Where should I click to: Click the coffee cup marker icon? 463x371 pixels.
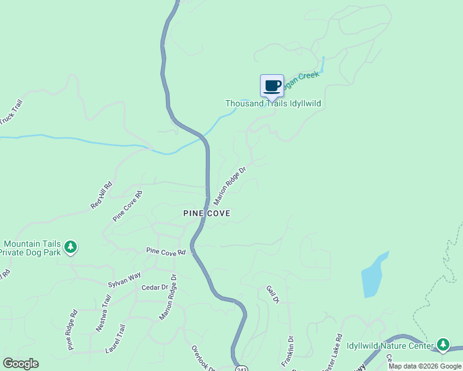tap(272, 85)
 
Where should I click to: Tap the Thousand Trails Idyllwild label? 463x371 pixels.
tap(273, 104)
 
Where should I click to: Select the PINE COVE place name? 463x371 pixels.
tap(207, 213)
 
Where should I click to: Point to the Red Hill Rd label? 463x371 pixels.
tap(101, 195)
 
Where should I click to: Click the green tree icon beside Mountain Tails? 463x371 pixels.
tap(71, 247)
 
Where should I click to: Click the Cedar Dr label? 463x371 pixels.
tap(155, 288)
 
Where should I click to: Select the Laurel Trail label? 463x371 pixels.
tap(115, 339)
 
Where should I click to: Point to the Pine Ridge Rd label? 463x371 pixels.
tap(72, 330)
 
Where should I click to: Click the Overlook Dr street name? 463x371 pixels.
tap(203, 358)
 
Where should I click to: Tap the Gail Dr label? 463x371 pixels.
tap(273, 294)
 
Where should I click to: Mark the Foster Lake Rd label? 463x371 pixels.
tap(332, 354)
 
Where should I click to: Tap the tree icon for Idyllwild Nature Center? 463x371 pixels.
tap(443, 344)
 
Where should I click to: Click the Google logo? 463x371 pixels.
tap(20, 364)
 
